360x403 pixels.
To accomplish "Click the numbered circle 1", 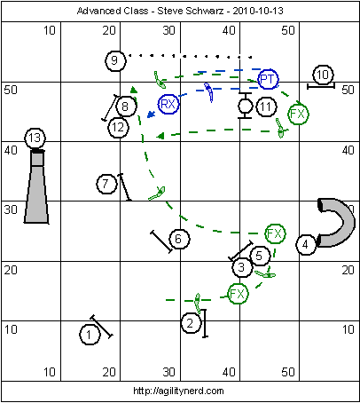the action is pyautogui.click(x=90, y=335).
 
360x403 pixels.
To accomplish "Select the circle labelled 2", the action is pyautogui.click(x=191, y=323).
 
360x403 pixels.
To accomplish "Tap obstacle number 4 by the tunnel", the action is pyautogui.click(x=306, y=244).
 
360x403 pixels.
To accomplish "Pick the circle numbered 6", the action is pyautogui.click(x=179, y=239).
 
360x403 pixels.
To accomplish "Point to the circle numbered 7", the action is pyautogui.click(x=106, y=184).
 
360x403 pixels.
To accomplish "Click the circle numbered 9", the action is pyautogui.click(x=115, y=60).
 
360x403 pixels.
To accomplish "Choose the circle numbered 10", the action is pyautogui.click(x=323, y=75).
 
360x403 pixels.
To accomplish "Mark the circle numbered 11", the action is pyautogui.click(x=266, y=107).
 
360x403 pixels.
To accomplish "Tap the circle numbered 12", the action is pyautogui.click(x=119, y=128).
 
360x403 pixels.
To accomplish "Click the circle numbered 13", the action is pyautogui.click(x=35, y=138).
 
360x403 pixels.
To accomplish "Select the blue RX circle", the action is pyautogui.click(x=168, y=104).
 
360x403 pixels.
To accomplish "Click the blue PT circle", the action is pyautogui.click(x=268, y=79).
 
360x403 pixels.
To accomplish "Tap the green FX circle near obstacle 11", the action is pyautogui.click(x=298, y=114).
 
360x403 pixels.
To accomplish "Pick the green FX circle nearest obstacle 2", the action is pyautogui.click(x=238, y=294).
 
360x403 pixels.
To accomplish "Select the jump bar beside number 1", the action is pyautogui.click(x=101, y=327).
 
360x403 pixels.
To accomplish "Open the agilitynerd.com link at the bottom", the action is pyautogui.click(x=178, y=391).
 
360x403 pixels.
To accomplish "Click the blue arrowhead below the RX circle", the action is pyautogui.click(x=151, y=115).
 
